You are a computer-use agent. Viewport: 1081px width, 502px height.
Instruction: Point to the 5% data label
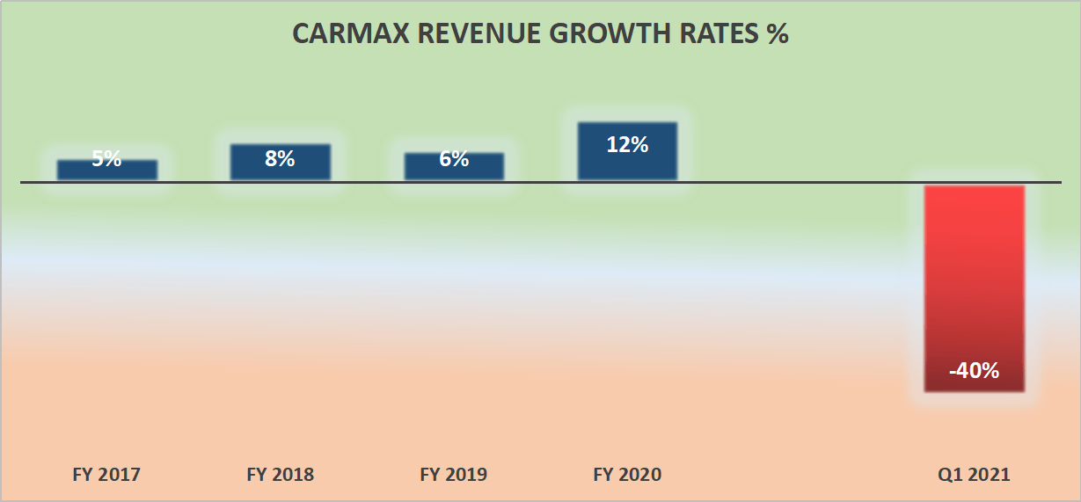click(x=107, y=160)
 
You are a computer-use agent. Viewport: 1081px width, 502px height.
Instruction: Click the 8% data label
click(x=281, y=159)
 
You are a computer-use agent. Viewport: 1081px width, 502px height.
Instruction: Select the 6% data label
click(x=454, y=160)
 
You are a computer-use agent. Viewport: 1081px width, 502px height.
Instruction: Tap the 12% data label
click(x=627, y=145)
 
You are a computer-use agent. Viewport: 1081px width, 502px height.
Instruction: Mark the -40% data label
click(x=974, y=371)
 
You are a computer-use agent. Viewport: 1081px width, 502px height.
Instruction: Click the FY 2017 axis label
click(x=106, y=475)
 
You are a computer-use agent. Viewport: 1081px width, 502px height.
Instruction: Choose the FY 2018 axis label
click(x=281, y=475)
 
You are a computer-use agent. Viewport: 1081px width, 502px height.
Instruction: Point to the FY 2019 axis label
click(x=454, y=475)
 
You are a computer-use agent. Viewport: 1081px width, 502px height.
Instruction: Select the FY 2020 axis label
click(x=627, y=475)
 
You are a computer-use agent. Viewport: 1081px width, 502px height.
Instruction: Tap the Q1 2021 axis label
click(x=974, y=475)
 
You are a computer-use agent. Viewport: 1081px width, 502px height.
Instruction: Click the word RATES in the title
click(x=698, y=33)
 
